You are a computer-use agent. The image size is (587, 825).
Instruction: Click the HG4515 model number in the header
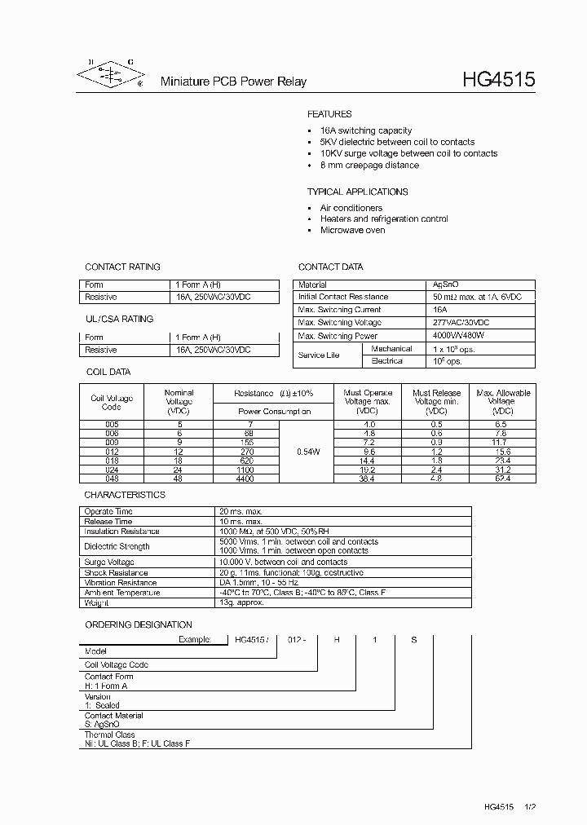coord(498,80)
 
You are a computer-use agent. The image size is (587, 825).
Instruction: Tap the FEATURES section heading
coord(329,114)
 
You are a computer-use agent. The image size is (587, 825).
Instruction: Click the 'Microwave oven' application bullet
coord(352,230)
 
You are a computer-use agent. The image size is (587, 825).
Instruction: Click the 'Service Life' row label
coord(319,355)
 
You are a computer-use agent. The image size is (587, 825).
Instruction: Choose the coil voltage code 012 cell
coord(112,451)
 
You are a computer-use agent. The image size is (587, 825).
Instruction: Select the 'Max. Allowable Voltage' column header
coord(502,402)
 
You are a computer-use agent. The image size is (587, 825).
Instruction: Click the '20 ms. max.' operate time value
coord(241,511)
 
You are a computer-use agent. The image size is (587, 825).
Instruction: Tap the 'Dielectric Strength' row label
coord(117,546)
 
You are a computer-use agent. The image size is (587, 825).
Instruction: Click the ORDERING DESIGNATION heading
coord(139,624)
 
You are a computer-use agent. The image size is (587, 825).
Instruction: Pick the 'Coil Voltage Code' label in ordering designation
coord(117,664)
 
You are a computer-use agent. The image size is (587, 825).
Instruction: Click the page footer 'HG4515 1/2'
coord(509,806)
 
